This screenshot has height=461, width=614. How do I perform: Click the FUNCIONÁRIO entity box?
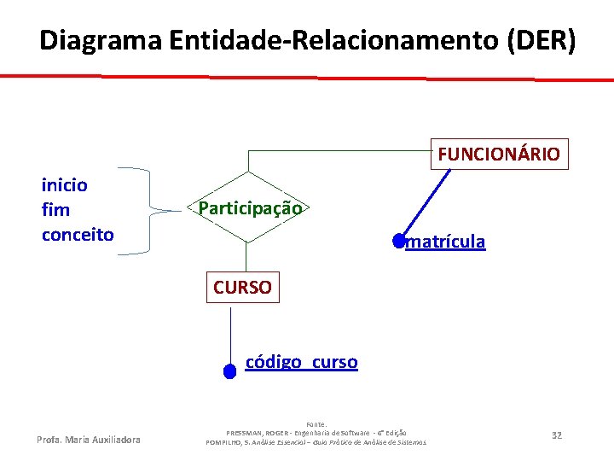pos(499,155)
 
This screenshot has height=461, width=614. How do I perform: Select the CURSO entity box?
pos(242,288)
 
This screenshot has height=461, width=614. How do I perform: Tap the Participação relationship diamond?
pos(249,207)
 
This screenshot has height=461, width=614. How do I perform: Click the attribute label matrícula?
pos(446,242)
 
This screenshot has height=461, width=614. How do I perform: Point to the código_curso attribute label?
pos(302,362)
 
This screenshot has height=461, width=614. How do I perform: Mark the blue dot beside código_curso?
pos(229,371)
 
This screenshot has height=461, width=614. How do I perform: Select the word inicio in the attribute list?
pos(65,184)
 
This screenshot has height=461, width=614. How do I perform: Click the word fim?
pos(56,209)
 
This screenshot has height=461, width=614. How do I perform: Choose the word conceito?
pos(78,234)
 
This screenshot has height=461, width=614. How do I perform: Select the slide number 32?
pos(557,435)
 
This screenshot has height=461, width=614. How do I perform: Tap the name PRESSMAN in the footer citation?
pos(251,432)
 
